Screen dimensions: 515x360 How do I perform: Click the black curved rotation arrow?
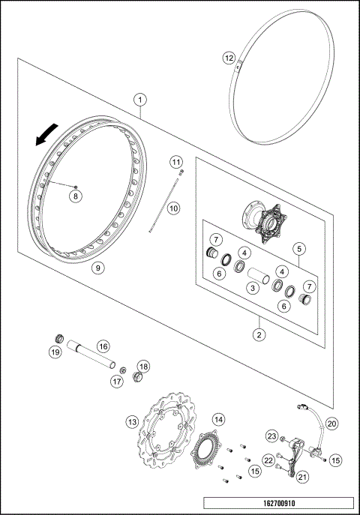44,135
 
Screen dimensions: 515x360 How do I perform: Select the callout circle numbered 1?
140,98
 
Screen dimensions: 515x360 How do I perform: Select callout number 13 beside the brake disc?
132,422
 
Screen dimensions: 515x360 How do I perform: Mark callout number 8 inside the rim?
74,196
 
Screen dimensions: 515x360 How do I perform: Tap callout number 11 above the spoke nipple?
175,162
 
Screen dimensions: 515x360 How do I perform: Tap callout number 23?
271,436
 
